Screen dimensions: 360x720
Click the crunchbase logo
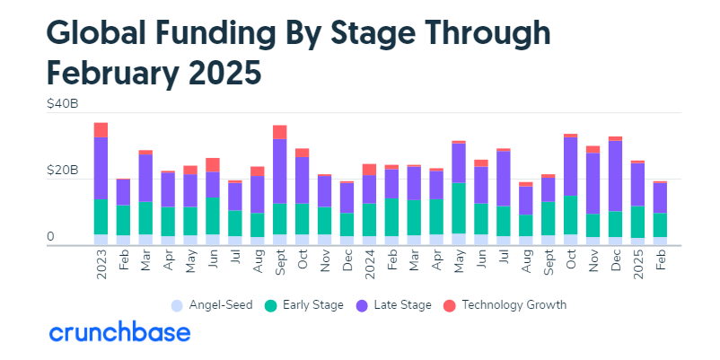pyautogui.click(x=119, y=333)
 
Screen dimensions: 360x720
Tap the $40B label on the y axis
pyautogui.click(x=62, y=105)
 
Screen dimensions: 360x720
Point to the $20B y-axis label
pyautogui.click(x=62, y=171)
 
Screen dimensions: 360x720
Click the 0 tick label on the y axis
pyautogui.click(x=50, y=237)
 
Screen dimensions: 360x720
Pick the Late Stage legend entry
pyautogui.click(x=396, y=305)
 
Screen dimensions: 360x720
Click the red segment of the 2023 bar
pyautogui.click(x=101, y=129)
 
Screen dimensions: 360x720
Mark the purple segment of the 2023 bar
pyautogui.click(x=101, y=168)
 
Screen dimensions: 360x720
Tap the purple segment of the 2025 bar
pyautogui.click(x=638, y=184)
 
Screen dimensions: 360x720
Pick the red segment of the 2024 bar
pyautogui.click(x=370, y=169)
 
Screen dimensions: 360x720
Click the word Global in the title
pyautogui.click(x=101, y=33)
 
